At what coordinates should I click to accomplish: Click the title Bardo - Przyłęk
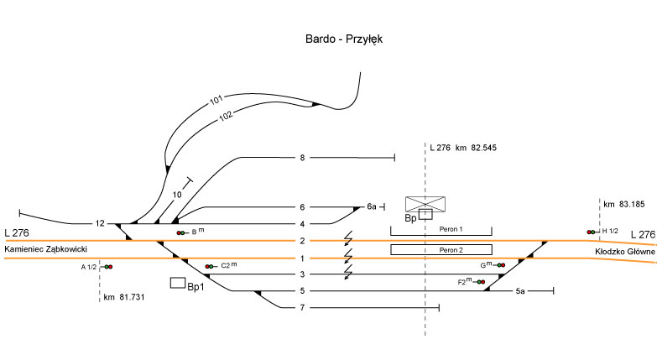tap(344, 39)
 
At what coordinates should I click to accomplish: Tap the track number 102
tap(227, 117)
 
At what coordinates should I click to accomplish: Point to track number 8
tap(301, 157)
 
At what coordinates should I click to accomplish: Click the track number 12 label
tap(100, 223)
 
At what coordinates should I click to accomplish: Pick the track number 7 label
tap(301, 308)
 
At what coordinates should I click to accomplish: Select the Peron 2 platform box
tap(441, 249)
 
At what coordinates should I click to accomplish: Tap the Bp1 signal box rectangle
tap(178, 283)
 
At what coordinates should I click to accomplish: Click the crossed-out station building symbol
tap(425, 204)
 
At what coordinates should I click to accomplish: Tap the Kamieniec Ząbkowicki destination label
tap(46, 249)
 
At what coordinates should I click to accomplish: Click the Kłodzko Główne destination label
tap(623, 251)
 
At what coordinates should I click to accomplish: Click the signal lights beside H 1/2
tap(592, 232)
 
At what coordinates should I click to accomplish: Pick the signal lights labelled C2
tap(209, 266)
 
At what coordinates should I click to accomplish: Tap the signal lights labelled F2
tap(481, 283)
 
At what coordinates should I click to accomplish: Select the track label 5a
tap(520, 291)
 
